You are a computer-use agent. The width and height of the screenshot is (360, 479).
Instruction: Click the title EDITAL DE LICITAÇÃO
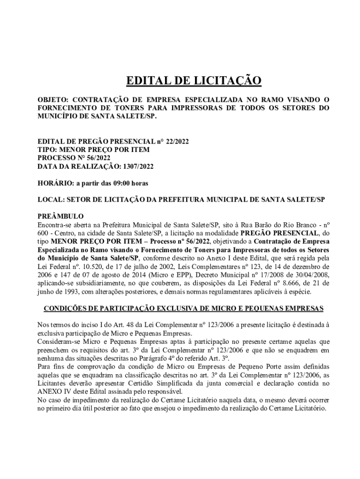(x=194, y=81)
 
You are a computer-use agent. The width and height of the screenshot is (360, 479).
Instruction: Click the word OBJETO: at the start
(x=53, y=100)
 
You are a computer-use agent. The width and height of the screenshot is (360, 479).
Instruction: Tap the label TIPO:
(x=47, y=150)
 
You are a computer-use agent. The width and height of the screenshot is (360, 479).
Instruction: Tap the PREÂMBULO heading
(x=60, y=217)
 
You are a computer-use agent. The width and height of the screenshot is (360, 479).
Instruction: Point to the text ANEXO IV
(x=53, y=392)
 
